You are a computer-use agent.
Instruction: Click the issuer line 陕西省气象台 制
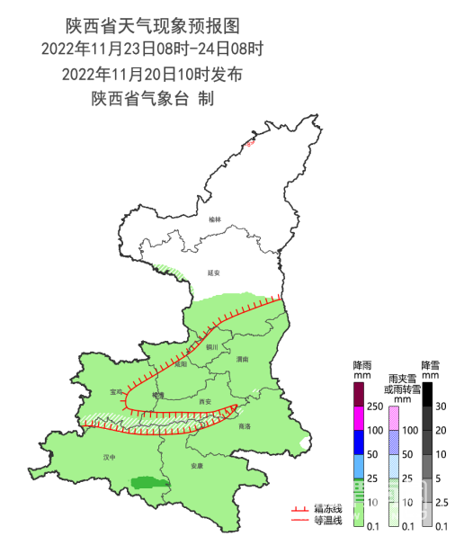[x=153, y=98]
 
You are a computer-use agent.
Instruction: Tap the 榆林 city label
[x=214, y=219]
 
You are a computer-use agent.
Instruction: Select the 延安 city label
[x=214, y=272]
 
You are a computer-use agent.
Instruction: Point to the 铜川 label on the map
[x=212, y=346]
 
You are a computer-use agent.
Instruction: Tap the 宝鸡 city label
[x=115, y=392]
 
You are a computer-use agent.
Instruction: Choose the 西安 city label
[x=205, y=401]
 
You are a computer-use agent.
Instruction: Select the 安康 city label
[x=198, y=467]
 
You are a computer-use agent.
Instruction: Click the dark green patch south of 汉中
[x=149, y=483]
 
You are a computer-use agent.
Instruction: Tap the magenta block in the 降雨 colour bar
[x=358, y=417]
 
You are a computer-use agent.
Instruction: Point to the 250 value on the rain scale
[x=373, y=407]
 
